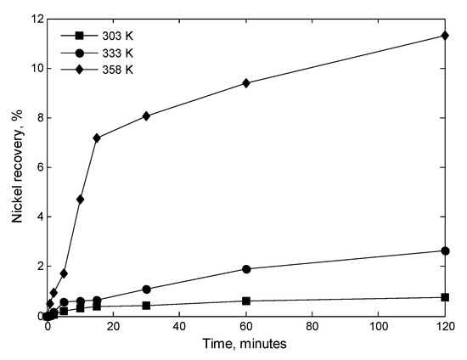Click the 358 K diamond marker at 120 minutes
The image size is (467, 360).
point(445,36)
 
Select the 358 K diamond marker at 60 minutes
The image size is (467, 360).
point(246,83)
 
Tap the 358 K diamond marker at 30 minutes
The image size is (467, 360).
point(147,115)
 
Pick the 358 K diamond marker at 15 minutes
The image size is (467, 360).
point(97,138)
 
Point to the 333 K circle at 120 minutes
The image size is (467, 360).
point(445,251)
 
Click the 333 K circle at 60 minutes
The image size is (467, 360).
point(246,269)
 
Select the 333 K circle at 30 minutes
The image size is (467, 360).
point(147,290)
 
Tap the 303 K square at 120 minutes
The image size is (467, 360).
point(445,297)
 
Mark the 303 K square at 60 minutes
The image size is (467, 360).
point(246,301)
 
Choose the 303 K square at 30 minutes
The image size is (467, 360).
point(147,306)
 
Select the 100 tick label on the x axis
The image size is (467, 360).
point(379,327)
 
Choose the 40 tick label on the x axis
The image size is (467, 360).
point(180,327)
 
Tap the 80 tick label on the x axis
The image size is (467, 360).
point(312,327)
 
